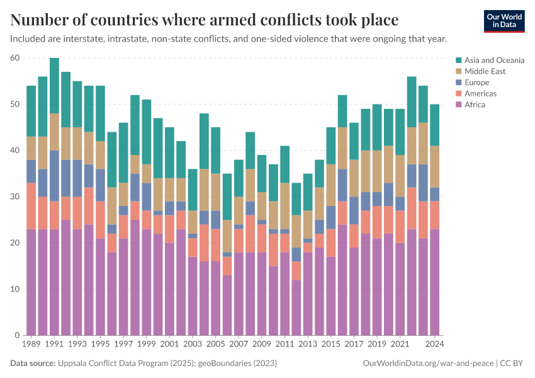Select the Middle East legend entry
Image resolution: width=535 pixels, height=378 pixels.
click(485, 71)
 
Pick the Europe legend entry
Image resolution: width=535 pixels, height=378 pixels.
click(477, 83)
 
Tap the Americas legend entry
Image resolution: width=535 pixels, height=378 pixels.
click(480, 93)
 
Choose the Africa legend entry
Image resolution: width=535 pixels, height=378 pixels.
click(475, 105)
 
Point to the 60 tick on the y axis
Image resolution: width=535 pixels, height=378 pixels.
click(15, 58)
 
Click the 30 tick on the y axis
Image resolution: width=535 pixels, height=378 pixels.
click(15, 197)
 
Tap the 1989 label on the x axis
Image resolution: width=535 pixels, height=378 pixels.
click(31, 345)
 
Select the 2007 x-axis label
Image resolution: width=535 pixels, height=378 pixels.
click(238, 345)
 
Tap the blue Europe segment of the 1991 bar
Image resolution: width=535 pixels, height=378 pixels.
click(54, 176)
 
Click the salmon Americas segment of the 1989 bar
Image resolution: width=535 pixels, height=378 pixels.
click(31, 206)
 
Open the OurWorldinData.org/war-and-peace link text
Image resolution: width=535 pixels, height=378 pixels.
click(429, 364)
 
